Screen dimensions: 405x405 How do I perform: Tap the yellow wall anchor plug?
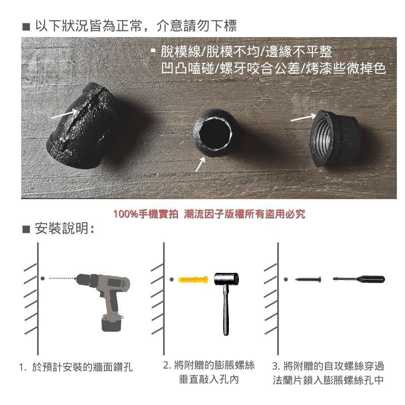click(192, 279)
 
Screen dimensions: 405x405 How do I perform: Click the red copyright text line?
click(209, 214)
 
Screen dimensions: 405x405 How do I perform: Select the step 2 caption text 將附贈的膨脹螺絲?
click(209, 365)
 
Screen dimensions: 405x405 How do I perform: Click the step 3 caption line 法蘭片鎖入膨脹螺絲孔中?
click(327, 379)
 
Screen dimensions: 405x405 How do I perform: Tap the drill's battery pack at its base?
click(114, 325)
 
